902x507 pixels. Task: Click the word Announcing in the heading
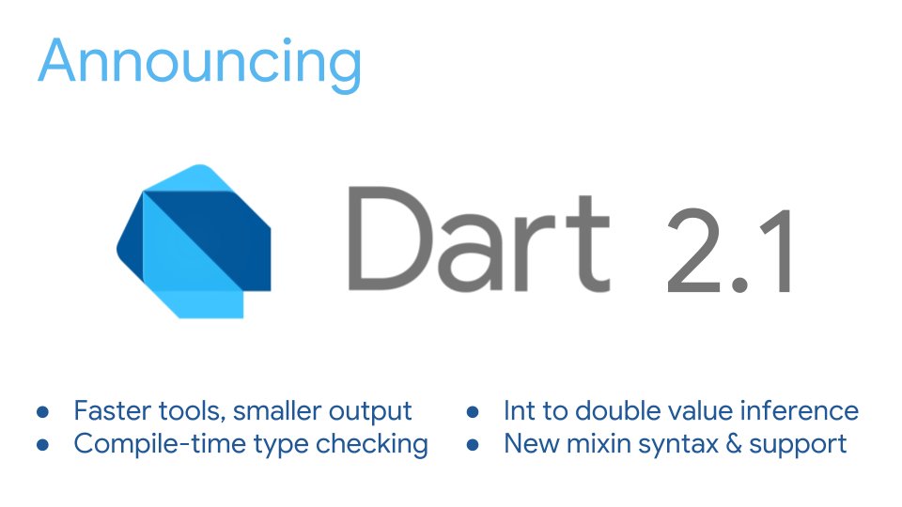click(199, 62)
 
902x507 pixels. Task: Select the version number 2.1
click(728, 253)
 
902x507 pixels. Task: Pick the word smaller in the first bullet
click(278, 411)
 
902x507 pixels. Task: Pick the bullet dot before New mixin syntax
click(474, 444)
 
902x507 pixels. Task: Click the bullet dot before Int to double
click(474, 412)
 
